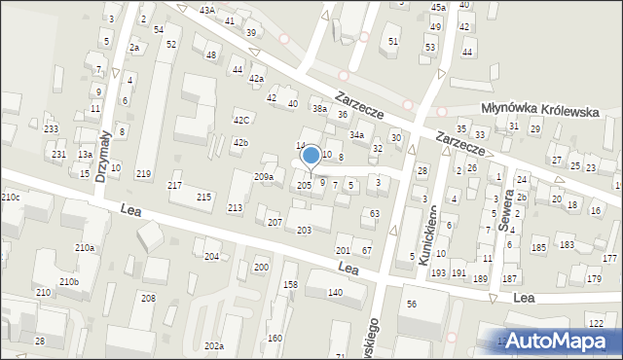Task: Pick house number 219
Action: [x=143, y=174]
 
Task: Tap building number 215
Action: [x=203, y=198]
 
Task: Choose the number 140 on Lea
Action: [x=335, y=292]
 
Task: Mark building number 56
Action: [x=412, y=305]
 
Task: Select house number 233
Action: [x=51, y=129]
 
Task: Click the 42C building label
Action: [x=240, y=121]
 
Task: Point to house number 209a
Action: [x=263, y=177]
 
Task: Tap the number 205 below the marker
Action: [x=304, y=185]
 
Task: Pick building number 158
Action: [x=290, y=284]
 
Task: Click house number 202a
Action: [x=214, y=345]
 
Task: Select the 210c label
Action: [x=10, y=198]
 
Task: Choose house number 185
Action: [x=538, y=248]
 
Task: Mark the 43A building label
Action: [x=206, y=10]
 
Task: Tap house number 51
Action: [x=393, y=41]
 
